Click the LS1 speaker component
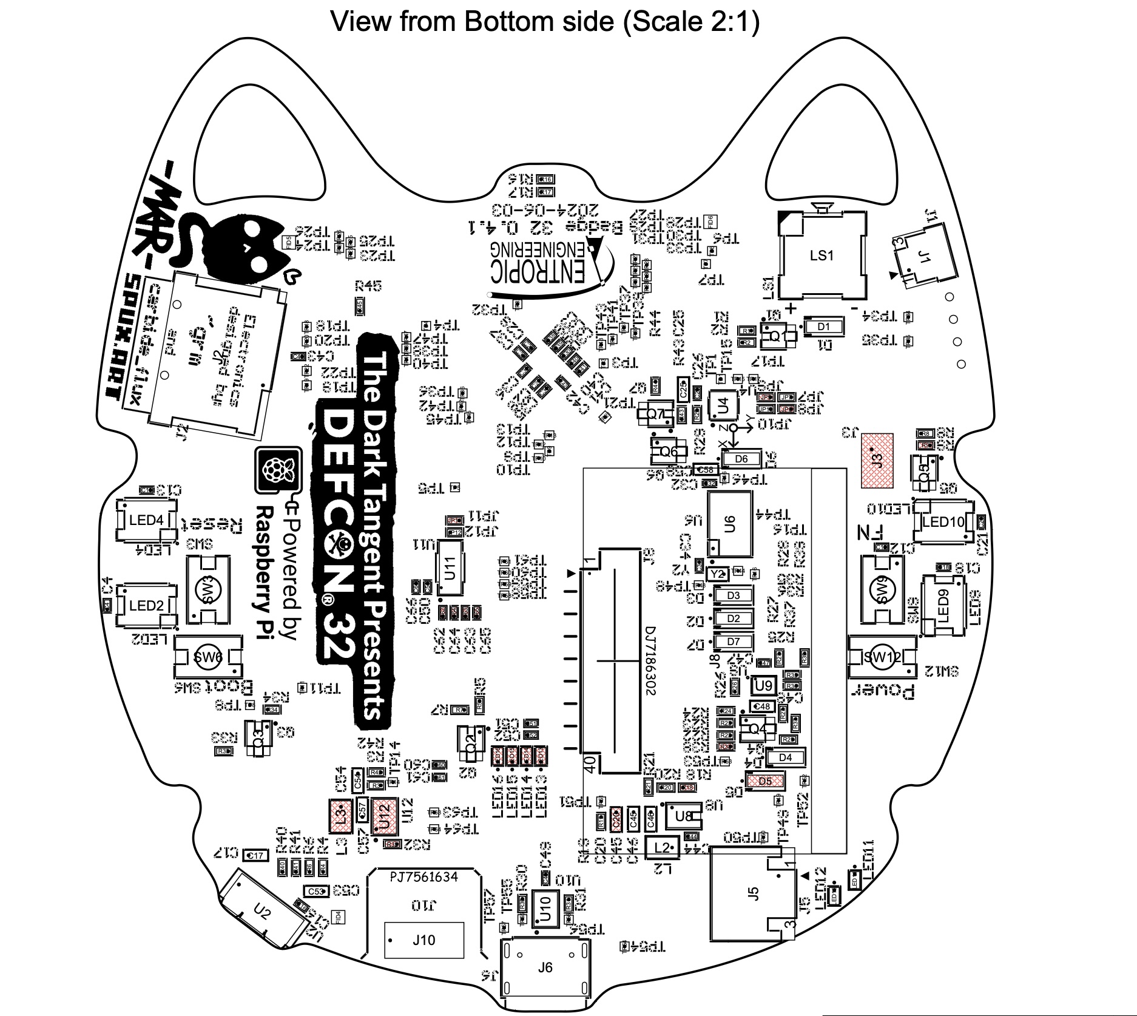pos(822,255)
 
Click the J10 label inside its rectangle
pos(424,940)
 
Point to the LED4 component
pos(146,520)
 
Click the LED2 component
pos(146,605)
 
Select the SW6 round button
pos(207,657)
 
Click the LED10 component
pos(942,521)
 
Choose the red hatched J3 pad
pos(877,460)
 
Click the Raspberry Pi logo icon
pos(278,470)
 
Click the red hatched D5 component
pos(766,781)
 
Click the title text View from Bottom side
pos(544,22)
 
